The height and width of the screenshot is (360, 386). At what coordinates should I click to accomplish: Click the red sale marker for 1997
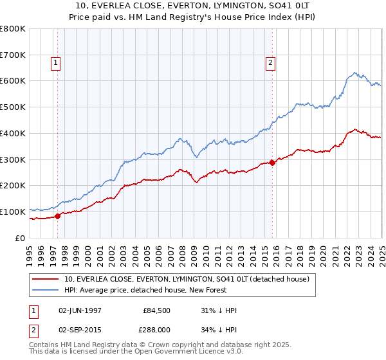click(58, 216)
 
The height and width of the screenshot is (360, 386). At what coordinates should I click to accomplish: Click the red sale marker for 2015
click(272, 162)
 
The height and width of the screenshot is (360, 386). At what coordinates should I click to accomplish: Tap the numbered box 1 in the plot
click(56, 62)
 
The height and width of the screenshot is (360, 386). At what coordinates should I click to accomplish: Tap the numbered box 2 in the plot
click(270, 62)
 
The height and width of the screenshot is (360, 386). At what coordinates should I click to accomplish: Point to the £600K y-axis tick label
click(13, 81)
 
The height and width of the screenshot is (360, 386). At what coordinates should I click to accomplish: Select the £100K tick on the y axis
click(13, 212)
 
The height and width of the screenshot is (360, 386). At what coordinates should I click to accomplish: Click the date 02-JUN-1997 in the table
click(80, 310)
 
